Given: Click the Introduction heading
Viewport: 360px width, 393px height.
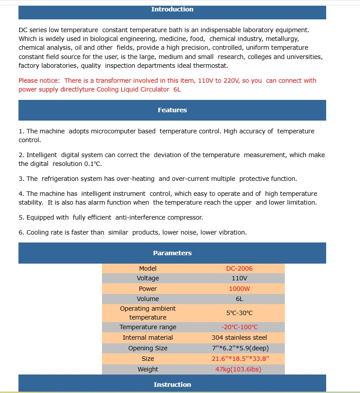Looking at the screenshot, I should [x=172, y=9].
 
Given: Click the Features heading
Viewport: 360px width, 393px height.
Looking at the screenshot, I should [x=172, y=110].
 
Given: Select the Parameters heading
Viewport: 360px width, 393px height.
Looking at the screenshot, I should [x=172, y=253].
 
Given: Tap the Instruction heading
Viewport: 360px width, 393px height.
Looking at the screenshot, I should [x=172, y=385].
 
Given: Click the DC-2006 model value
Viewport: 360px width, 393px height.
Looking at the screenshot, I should [x=239, y=268].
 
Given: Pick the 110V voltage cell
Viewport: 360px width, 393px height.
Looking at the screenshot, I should [x=239, y=278].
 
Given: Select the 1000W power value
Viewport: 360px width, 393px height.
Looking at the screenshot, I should [x=239, y=289].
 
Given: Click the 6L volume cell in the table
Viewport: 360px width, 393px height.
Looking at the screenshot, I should [x=239, y=299].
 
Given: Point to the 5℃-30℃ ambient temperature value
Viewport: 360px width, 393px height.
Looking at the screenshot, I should [x=239, y=313].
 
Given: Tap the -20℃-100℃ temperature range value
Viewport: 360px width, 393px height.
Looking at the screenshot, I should [x=239, y=327].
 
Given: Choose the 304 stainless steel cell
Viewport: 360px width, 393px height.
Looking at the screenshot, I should [x=239, y=338].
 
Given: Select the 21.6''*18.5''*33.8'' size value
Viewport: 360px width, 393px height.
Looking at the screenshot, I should [x=240, y=359].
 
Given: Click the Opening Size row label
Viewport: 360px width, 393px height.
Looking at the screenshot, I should [x=148, y=348].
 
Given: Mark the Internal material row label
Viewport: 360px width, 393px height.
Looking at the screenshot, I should [x=148, y=338].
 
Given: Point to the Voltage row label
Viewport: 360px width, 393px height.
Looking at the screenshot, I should [x=148, y=278].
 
